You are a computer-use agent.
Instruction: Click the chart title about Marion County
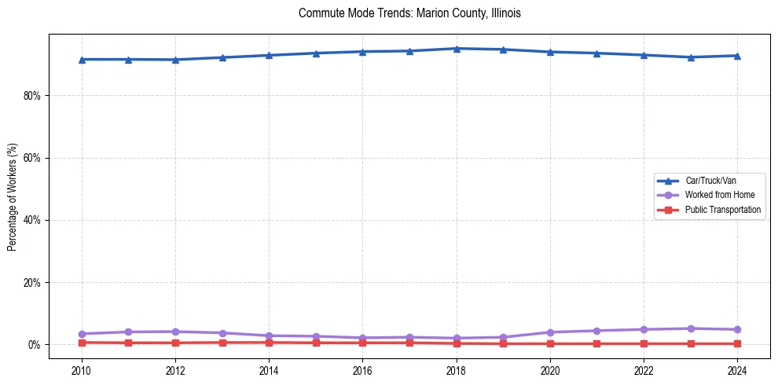[x=409, y=13]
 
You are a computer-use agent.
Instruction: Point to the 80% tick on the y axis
[x=32, y=96]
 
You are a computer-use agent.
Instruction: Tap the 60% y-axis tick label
[x=32, y=158]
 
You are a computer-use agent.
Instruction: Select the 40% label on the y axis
[x=32, y=220]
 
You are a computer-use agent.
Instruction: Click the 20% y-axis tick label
[x=32, y=282]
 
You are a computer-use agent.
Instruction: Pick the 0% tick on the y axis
[x=35, y=344]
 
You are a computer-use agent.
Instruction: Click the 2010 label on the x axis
[x=81, y=369]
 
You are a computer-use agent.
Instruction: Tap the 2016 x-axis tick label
[x=362, y=369]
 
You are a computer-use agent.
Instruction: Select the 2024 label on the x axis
[x=737, y=369]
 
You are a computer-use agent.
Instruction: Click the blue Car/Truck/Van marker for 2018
[x=457, y=49]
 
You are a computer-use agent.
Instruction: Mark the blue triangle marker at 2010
[x=81, y=59]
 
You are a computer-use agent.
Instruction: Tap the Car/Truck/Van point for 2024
[x=737, y=56]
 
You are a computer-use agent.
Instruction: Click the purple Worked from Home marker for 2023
[x=691, y=328]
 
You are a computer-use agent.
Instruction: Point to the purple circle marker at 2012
[x=175, y=332]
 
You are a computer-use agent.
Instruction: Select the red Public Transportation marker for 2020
[x=550, y=343]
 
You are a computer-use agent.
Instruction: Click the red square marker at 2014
[x=269, y=343]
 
